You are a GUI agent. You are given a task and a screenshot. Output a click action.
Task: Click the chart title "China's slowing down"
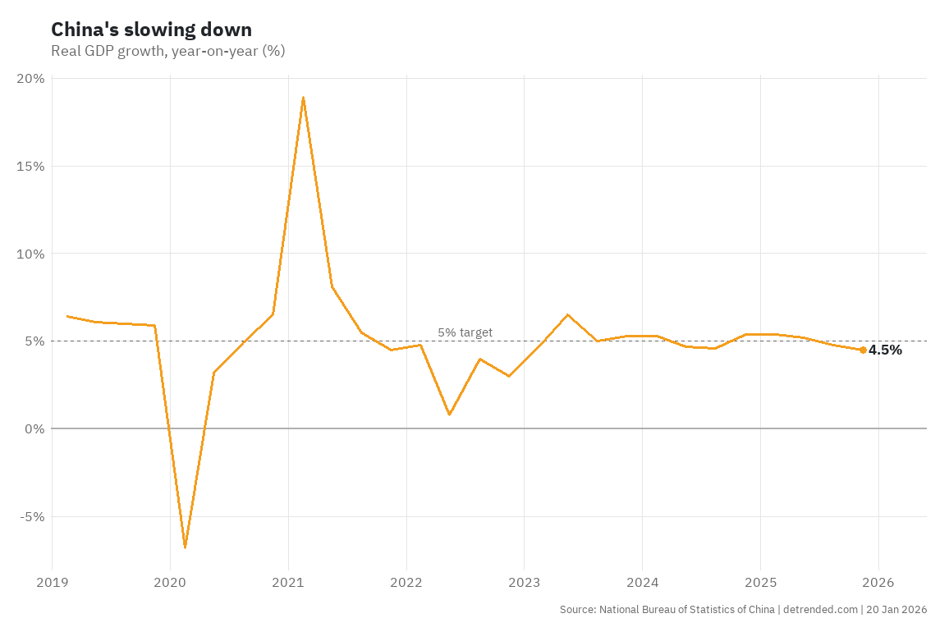(151, 30)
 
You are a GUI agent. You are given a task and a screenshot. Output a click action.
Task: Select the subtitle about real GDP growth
(167, 51)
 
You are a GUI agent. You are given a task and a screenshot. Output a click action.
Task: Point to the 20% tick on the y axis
(30, 79)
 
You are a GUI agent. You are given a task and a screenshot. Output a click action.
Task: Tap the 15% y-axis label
(30, 166)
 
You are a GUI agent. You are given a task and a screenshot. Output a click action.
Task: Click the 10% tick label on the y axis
(30, 254)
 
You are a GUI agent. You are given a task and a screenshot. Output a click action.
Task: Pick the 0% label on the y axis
(34, 428)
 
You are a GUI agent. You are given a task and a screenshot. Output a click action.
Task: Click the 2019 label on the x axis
(52, 584)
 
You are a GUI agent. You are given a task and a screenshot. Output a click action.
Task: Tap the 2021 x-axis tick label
(288, 584)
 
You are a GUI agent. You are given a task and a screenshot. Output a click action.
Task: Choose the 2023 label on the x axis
(524, 584)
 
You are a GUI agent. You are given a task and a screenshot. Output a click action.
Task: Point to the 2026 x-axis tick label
(878, 584)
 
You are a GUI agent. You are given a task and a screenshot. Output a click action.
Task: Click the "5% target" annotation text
(465, 332)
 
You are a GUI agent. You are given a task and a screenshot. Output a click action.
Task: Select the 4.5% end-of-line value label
(885, 350)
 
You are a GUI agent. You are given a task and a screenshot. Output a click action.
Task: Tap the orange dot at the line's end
(863, 350)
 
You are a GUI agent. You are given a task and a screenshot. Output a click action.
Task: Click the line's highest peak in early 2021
(303, 98)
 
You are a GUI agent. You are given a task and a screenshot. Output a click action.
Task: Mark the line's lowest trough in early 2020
(185, 547)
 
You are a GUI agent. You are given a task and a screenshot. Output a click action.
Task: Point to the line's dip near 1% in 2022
(449, 414)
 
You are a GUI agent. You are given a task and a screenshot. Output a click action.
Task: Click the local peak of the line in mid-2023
(567, 314)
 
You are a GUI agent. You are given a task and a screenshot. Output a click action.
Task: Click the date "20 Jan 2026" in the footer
(896, 610)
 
